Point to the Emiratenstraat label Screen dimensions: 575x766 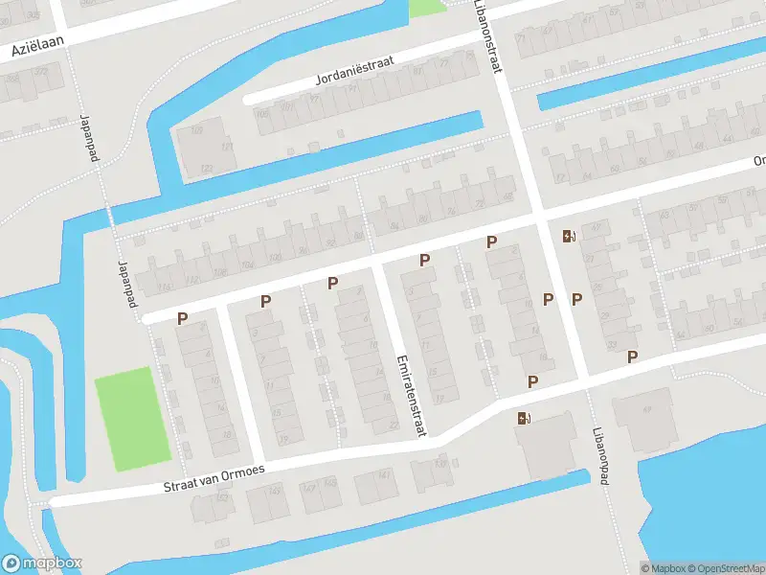[x=410, y=396]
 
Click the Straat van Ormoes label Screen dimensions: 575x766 [x=214, y=477]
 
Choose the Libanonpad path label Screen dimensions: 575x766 [x=600, y=456]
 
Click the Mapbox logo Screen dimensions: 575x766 [x=40, y=563]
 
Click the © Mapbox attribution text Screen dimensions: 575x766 [x=662, y=568]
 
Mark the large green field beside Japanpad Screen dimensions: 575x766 [x=132, y=419]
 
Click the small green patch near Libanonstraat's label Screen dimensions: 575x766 [x=427, y=8]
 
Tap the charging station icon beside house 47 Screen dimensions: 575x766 [x=569, y=236]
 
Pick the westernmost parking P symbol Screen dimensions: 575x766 [x=182, y=318]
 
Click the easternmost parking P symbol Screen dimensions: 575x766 [x=632, y=357]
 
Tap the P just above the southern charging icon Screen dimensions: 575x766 [x=532, y=381]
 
